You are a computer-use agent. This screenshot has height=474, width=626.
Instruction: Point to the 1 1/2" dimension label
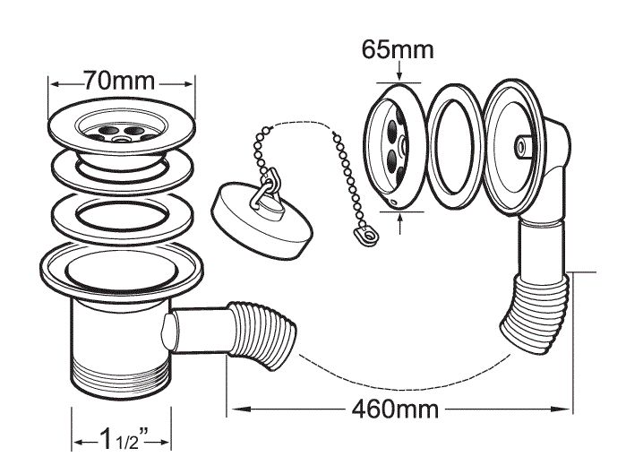coord(121,440)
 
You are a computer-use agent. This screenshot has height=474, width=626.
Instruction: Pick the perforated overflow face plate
coord(391,146)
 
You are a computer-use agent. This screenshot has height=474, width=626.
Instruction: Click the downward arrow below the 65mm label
coord(397,75)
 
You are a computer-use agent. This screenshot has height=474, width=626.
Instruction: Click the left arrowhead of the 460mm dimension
coord(236,410)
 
